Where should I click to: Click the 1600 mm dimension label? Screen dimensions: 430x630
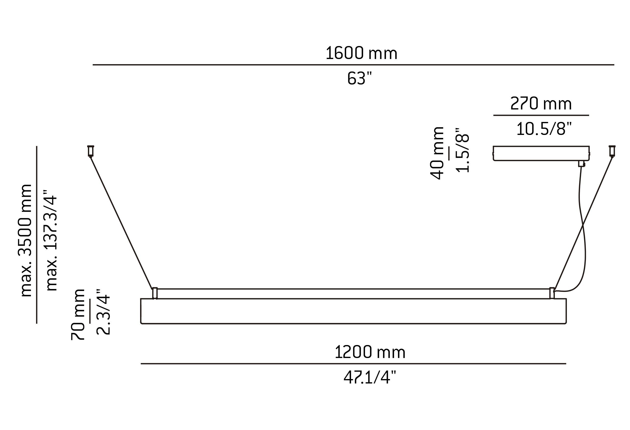pyautogui.click(x=361, y=53)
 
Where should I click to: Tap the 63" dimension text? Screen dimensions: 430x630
pyautogui.click(x=359, y=79)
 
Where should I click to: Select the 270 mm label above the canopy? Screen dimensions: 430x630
pyautogui.click(x=541, y=104)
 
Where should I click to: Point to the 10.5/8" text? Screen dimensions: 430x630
pyautogui.click(x=544, y=129)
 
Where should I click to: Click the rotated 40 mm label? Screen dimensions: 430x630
pyautogui.click(x=437, y=153)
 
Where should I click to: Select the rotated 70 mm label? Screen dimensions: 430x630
pyautogui.click(x=78, y=315)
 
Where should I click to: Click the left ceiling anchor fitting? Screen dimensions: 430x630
pyautogui.click(x=91, y=151)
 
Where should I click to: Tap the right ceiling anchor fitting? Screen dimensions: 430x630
pyautogui.click(x=612, y=151)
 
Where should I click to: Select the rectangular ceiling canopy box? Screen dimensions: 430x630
pyautogui.click(x=541, y=154)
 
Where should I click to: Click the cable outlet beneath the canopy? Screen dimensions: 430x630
pyautogui.click(x=581, y=164)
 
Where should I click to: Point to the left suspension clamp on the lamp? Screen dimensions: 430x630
pyautogui.click(x=155, y=293)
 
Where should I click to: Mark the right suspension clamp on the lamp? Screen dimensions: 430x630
pyautogui.click(x=552, y=293)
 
